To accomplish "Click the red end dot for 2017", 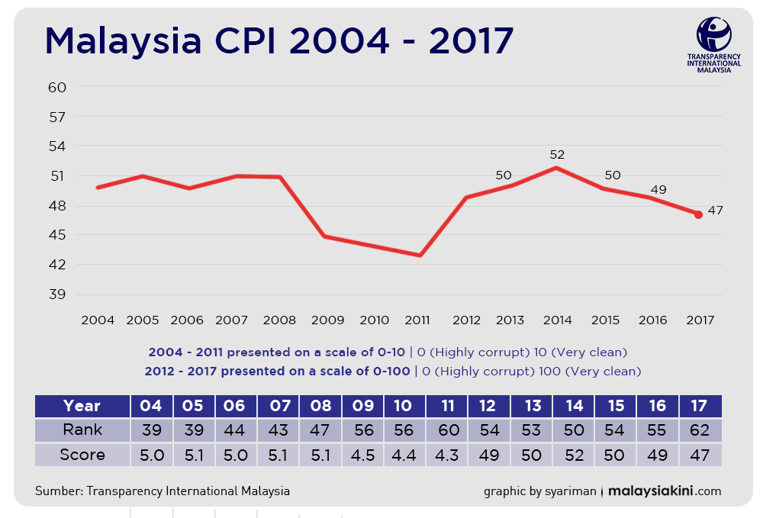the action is click(698, 214).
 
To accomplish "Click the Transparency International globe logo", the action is click(714, 34).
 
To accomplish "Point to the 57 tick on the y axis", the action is click(57, 117).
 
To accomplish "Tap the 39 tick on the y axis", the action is click(57, 294).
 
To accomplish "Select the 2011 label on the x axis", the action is click(417, 320).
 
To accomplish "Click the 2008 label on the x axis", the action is click(279, 320).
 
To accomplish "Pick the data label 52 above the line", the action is click(557, 155).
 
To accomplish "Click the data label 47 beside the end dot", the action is click(716, 210).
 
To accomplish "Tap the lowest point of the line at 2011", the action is click(420, 256).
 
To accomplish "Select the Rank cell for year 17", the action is click(700, 430).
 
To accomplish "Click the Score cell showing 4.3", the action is click(446, 455).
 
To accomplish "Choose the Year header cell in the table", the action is click(82, 406).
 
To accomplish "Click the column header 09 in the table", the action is click(363, 406).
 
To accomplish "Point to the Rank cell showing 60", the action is click(446, 430).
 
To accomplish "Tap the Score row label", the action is click(82, 455).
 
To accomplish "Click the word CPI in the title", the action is click(245, 40).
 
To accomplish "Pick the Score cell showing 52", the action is click(575, 455).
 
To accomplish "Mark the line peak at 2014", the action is click(556, 168).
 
